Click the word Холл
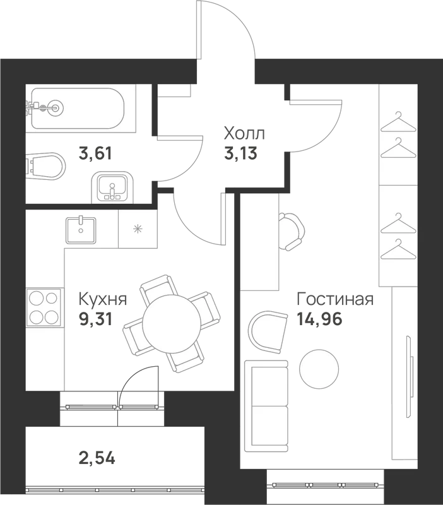[x=244, y=134]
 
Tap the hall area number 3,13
[x=241, y=153]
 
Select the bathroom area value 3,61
[x=96, y=153]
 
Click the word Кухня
[x=103, y=299]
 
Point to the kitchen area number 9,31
[x=96, y=319]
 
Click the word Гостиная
[x=335, y=299]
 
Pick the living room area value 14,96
[x=319, y=319]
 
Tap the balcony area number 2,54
[x=97, y=458]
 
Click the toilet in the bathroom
[x=45, y=167]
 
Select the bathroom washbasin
[x=112, y=187]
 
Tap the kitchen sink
[x=81, y=230]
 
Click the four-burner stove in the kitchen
[x=44, y=307]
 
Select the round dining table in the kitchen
[x=172, y=324]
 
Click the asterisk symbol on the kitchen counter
[x=138, y=229]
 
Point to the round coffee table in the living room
[x=319, y=369]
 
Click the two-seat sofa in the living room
[x=266, y=406]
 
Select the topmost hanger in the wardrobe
[x=399, y=122]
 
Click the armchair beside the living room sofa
[x=268, y=333]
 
